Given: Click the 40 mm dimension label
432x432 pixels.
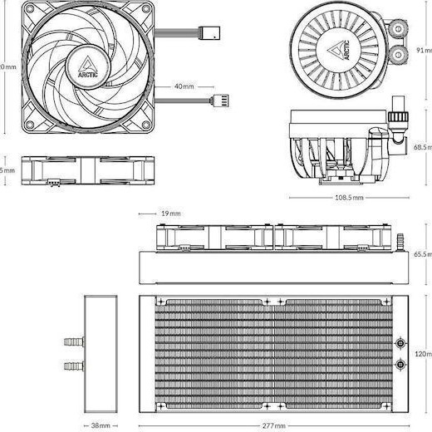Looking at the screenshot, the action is [184, 86].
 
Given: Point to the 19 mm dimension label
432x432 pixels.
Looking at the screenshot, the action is [169, 214].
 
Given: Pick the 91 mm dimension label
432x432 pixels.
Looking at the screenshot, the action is [424, 50].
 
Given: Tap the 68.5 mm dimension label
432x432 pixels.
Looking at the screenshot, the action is [423, 147].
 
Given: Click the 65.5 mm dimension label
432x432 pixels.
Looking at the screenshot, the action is [423, 254].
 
